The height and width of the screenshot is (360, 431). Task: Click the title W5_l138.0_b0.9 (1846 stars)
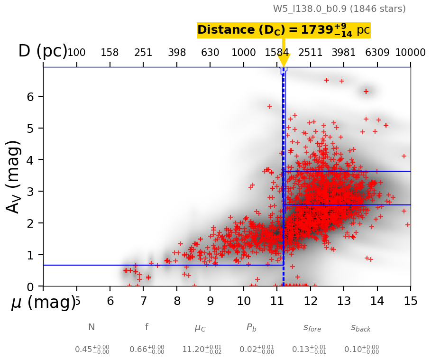(x=339, y=9)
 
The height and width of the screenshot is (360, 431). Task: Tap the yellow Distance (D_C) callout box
(x=284, y=30)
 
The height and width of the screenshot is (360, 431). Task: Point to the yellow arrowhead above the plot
(x=284, y=60)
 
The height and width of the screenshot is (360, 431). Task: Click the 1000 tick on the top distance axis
(x=244, y=53)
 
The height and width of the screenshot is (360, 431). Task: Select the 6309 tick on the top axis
(x=377, y=53)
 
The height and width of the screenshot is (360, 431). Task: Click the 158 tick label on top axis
(x=110, y=53)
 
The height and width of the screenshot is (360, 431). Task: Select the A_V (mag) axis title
(x=14, y=176)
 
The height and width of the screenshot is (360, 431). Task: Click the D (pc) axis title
(x=43, y=51)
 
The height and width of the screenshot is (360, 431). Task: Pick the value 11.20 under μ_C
(x=202, y=350)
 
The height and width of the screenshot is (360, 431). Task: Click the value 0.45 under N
(x=92, y=350)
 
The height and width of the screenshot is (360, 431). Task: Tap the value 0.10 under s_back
(x=361, y=350)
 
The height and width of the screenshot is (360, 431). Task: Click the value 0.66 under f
(x=147, y=350)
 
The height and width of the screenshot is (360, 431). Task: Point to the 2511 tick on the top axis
(x=311, y=53)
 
